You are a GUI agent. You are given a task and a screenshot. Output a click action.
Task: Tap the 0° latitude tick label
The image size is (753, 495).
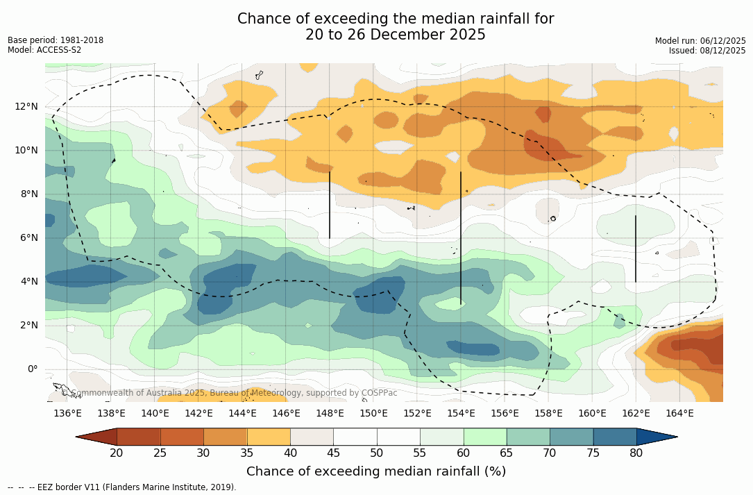(33, 369)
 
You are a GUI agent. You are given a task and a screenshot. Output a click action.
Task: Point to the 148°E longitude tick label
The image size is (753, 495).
(330, 413)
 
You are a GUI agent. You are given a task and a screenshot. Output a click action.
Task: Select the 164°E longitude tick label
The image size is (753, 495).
(679, 413)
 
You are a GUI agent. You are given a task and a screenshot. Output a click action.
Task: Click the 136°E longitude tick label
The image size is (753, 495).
(67, 413)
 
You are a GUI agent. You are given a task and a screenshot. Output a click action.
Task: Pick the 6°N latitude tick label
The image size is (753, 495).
(28, 237)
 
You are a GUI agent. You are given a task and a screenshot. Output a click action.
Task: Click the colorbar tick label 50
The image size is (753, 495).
(377, 453)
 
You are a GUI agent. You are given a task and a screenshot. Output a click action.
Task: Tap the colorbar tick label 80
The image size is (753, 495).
(636, 453)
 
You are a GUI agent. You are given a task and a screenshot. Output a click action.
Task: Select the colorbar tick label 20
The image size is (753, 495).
(117, 453)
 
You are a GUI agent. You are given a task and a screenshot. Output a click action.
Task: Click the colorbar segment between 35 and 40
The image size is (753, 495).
(269, 437)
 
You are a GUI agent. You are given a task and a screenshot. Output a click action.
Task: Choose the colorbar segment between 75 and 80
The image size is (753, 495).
(615, 437)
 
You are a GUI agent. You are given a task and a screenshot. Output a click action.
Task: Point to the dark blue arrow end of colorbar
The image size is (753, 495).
(656, 437)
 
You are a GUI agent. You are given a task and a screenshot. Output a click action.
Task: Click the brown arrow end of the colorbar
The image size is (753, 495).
(97, 437)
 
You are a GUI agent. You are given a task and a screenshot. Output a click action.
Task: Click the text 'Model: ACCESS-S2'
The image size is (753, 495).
(44, 50)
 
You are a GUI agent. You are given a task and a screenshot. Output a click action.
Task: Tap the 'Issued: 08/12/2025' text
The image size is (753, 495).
(707, 51)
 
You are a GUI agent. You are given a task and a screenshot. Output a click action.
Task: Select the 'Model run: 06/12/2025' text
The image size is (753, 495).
(700, 41)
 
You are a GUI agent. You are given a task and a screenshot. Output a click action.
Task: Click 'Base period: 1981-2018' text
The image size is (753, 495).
(56, 40)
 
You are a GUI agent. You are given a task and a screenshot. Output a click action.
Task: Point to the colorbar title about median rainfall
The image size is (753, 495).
(376, 471)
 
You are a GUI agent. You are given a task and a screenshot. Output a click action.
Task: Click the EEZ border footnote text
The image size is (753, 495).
(122, 487)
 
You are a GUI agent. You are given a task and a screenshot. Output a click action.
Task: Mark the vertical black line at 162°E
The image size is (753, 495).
(636, 249)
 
